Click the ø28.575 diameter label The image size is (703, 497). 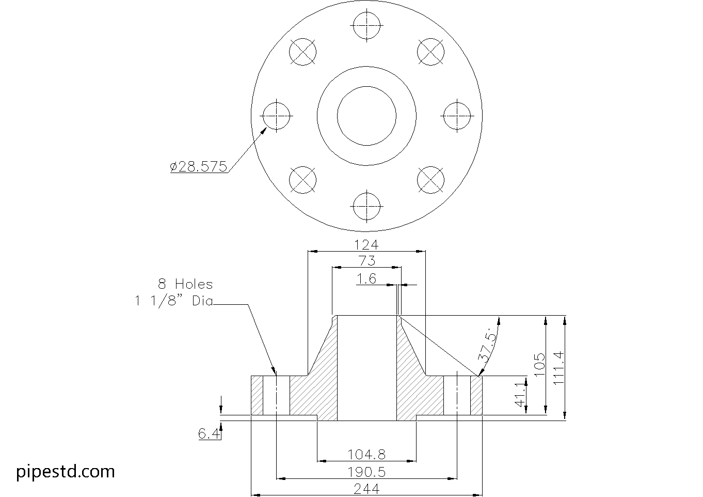coord(199,166)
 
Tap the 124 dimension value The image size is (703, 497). coord(366,244)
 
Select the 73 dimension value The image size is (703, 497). coord(366,260)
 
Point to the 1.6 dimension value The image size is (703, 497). coord(366,279)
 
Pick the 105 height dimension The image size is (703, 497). coord(539,365)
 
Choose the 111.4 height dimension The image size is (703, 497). coord(559,367)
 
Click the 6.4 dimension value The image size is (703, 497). coord(209,433)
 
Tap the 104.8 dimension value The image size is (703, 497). coord(366,454)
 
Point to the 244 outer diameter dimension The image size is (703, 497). coord(366,489)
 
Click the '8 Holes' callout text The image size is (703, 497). coord(185,284)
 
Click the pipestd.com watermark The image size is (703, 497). coord(66,471)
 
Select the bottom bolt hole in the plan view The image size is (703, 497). coord(367,205)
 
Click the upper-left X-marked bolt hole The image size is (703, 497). coord(303,52)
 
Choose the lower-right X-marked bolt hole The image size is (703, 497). coord(430,180)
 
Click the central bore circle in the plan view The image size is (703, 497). coord(367,115)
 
